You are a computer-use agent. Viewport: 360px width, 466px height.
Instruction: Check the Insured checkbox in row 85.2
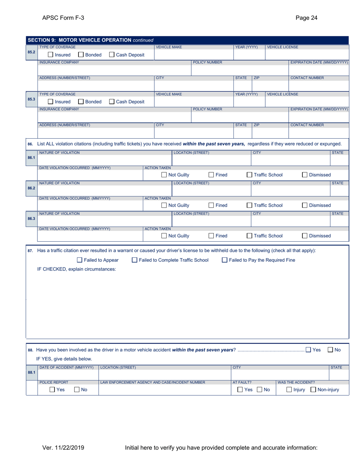tap(51, 55)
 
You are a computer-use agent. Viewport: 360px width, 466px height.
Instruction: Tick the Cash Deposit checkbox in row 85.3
tap(112, 102)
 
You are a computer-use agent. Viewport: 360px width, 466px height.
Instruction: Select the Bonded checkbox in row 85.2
tap(81, 55)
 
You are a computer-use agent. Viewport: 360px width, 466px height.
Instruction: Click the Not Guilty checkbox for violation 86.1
tap(164, 175)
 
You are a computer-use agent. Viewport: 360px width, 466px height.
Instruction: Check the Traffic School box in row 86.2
tap(249, 205)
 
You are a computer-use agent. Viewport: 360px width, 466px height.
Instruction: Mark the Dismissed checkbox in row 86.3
tap(305, 236)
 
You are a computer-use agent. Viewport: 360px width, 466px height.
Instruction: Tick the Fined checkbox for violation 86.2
tap(211, 205)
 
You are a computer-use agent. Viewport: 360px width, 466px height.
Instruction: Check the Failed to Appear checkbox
tap(80, 260)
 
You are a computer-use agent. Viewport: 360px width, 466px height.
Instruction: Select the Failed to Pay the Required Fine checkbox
tap(225, 260)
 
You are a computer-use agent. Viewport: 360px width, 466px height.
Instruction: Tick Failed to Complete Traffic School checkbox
tap(135, 260)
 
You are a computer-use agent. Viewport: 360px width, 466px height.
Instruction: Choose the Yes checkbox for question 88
tap(308, 350)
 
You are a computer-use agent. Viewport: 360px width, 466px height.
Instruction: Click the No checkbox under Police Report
tap(77, 389)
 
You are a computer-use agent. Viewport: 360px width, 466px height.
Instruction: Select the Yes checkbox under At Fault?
tap(240, 389)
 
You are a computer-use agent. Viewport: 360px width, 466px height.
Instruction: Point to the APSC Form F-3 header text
tap(60, 17)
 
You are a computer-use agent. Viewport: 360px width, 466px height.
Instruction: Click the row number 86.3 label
tap(31, 219)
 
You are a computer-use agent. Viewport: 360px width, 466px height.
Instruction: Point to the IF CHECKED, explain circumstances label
tap(76, 269)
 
